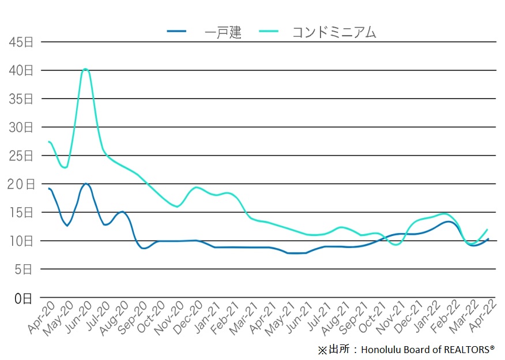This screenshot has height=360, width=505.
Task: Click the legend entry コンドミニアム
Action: [x=335, y=32]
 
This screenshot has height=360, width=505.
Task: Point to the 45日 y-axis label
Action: [x=21, y=42]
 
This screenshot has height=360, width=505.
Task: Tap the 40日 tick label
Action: [x=21, y=70]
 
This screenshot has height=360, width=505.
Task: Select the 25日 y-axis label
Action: [x=21, y=156]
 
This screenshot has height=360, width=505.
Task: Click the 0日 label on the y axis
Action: [x=24, y=298]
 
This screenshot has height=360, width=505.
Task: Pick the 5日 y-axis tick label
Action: [x=24, y=269]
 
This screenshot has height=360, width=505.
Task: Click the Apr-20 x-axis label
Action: [x=42, y=316]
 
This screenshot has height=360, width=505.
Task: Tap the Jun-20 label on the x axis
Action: [x=79, y=316]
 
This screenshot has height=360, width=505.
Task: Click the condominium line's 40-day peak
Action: [x=86, y=69]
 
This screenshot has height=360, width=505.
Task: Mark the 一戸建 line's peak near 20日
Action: [x=86, y=184]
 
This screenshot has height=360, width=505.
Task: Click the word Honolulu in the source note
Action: [x=384, y=350]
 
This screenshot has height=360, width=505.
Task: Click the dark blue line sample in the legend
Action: [x=176, y=32]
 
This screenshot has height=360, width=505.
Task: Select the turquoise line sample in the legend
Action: [x=269, y=32]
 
